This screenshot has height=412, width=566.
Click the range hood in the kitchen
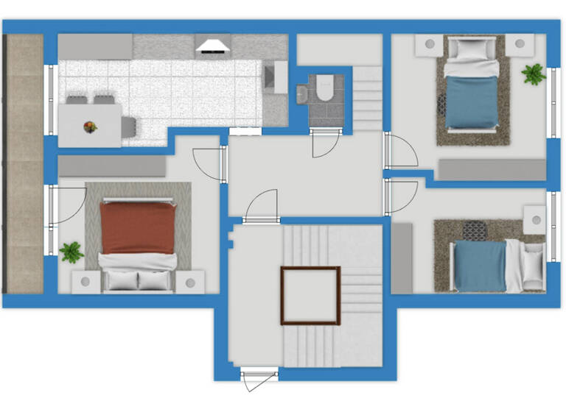coord(212,46)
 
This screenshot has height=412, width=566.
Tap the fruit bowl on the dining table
coord(90,127)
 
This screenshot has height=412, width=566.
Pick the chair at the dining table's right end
coord(129,126)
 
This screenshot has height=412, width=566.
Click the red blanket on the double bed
coord(137,227)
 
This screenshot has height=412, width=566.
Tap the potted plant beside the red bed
coord(71,252)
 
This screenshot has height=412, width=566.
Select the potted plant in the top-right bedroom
coord(533,74)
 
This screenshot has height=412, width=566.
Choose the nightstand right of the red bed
coord(190,281)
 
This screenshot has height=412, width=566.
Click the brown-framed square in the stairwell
coord(310,295)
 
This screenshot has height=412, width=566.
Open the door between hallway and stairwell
coord(262,207)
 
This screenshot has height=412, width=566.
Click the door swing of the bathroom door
coord(324,144)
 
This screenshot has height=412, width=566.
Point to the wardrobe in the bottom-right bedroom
coord(402,258)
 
